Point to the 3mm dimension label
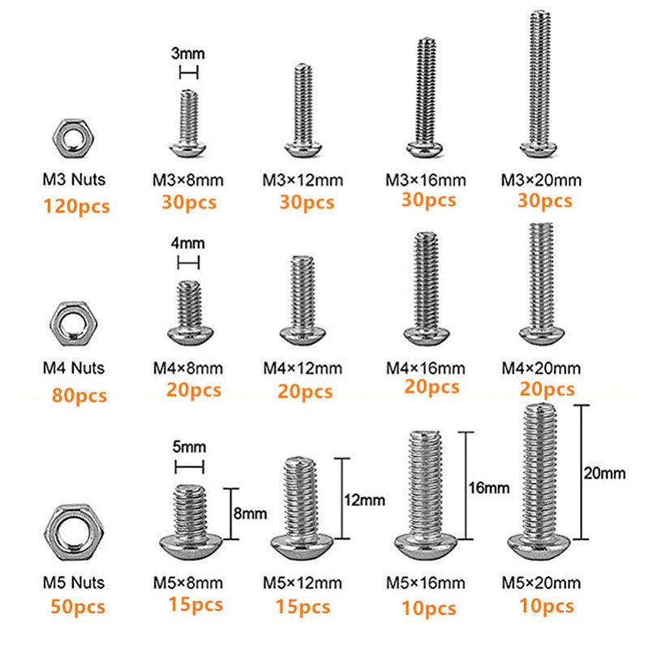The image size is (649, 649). (187, 54)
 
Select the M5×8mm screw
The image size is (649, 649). (191, 519)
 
